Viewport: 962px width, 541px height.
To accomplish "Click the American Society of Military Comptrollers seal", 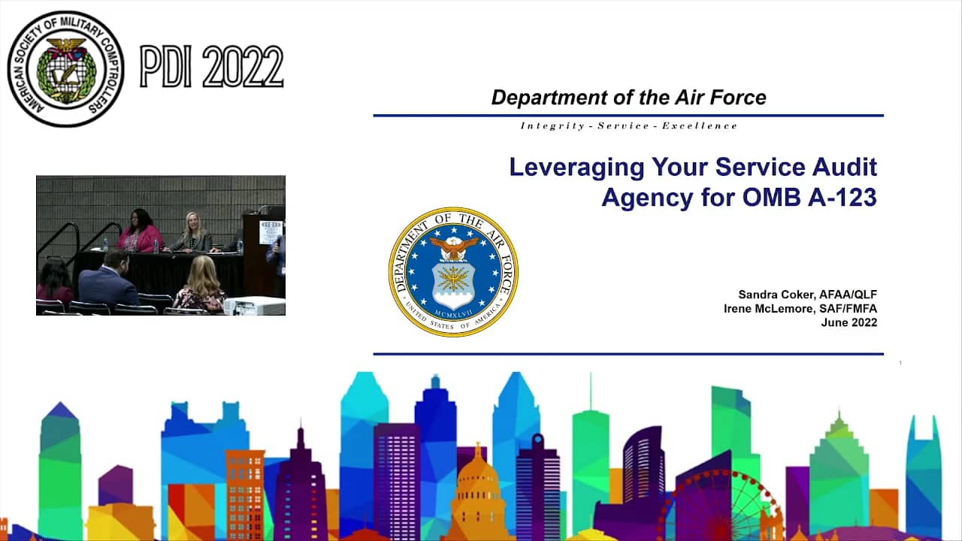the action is (65, 68).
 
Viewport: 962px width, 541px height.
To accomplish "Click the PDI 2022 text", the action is (211, 67).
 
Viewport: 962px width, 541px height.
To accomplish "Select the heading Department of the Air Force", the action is (629, 98).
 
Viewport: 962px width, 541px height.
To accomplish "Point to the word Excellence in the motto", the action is (700, 125).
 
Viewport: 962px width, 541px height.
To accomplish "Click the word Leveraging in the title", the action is (576, 168).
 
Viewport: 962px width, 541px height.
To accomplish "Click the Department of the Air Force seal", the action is (453, 272).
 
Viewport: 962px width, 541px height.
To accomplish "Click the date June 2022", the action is (849, 322).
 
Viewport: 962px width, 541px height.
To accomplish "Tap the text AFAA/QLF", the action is (849, 295).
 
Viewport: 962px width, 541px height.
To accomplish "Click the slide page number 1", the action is (900, 363).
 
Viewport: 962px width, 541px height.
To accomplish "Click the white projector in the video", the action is (255, 306).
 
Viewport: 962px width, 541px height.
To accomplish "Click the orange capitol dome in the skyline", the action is (477, 494).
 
